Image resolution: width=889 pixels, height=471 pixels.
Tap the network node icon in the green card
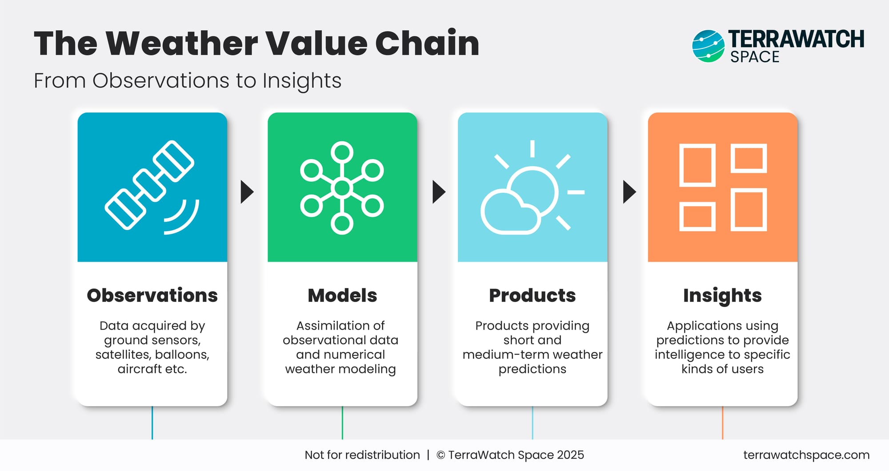[342, 188]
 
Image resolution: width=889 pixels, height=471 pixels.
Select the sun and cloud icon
[532, 188]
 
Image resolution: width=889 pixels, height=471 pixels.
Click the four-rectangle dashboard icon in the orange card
[723, 187]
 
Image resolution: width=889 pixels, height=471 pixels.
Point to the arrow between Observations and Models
[247, 192]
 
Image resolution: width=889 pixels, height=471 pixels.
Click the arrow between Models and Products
[439, 192]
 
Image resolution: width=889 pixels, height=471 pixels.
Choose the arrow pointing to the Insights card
[629, 192]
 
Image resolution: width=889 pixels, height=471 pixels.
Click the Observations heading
[152, 295]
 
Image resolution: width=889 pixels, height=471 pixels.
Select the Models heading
[342, 295]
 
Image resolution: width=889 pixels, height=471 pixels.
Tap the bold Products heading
[532, 295]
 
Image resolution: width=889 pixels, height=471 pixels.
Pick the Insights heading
[722, 296]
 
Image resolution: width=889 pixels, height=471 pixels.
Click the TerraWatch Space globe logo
[708, 46]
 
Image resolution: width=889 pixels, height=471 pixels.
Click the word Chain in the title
[427, 44]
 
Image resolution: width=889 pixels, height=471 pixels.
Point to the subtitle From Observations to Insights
[188, 81]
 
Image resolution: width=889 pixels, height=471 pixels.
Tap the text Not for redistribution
[362, 455]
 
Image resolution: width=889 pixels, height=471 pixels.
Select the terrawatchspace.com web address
[806, 455]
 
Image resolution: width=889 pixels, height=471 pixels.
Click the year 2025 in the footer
[570, 455]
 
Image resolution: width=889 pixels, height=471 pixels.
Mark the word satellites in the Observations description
[120, 355]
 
